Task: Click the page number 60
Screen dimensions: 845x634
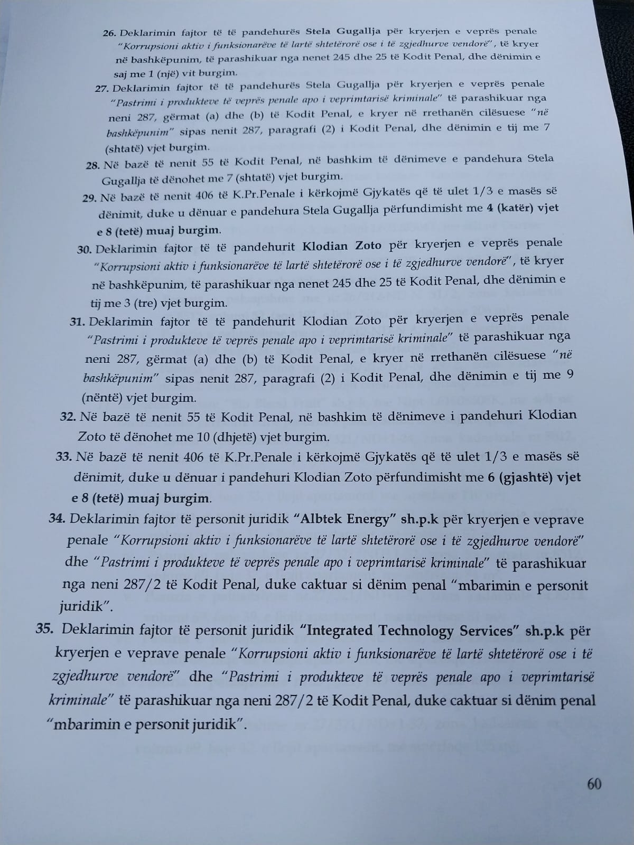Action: click(594, 784)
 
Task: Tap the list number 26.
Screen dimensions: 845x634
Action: click(109, 33)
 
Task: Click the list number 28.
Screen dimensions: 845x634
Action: click(92, 165)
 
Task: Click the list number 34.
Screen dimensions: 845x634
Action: click(57, 519)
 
